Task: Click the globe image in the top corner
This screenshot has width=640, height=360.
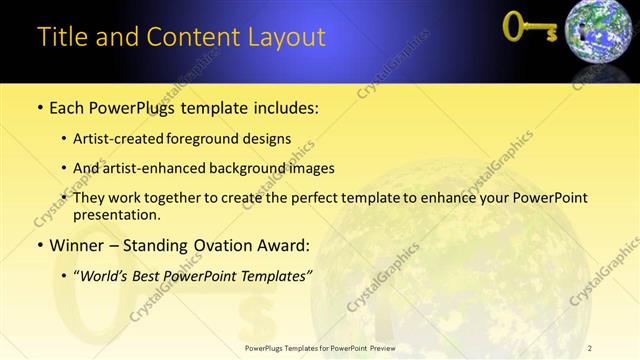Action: pyautogui.click(x=600, y=36)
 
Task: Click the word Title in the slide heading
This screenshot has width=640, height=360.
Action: pyautogui.click(x=60, y=37)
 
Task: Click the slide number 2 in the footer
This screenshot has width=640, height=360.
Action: pyautogui.click(x=590, y=347)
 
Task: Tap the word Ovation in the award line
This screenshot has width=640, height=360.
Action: pyautogui.click(x=220, y=245)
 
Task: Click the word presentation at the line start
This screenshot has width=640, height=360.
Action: pyautogui.click(x=118, y=214)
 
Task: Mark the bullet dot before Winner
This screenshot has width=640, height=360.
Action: pyautogui.click(x=39, y=245)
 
